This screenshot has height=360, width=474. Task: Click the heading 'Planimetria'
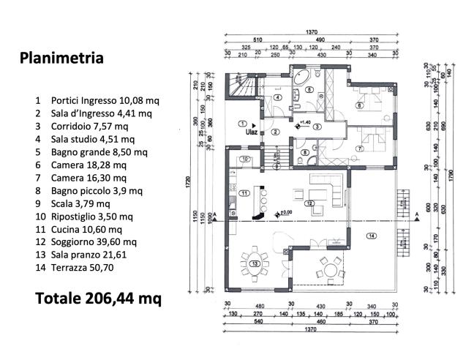click(61, 58)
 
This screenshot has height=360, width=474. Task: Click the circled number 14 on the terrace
click(371, 236)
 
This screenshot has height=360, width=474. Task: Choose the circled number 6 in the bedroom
click(360, 105)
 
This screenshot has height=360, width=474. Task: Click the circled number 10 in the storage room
click(246, 159)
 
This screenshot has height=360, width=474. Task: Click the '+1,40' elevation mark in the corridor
click(304, 122)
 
